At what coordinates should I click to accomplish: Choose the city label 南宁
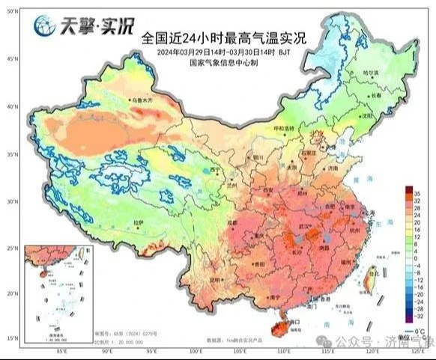[x=256, y=297]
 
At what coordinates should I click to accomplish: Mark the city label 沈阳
[x=367, y=118]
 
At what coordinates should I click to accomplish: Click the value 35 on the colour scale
[x=415, y=192]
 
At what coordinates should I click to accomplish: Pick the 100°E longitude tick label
[x=196, y=350]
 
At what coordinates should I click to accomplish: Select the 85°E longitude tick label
[x=61, y=350]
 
